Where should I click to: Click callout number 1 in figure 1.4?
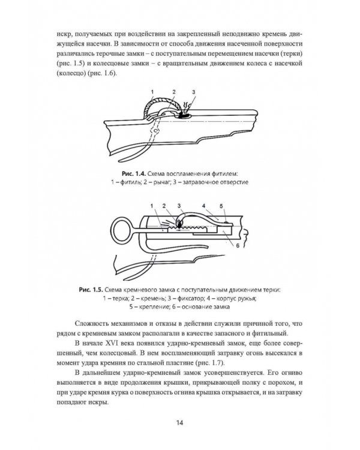point(152,92)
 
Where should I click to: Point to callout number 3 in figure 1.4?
point(194,92)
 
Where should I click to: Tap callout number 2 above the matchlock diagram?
point(173,92)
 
